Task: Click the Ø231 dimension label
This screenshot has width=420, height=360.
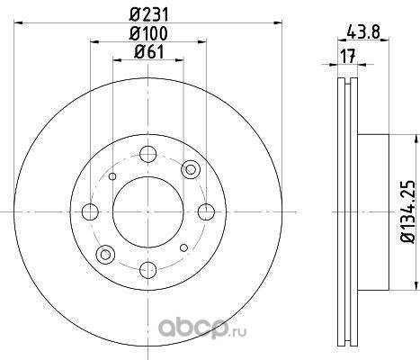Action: pyautogui.click(x=149, y=14)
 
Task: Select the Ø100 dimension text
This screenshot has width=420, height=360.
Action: pyautogui.click(x=147, y=33)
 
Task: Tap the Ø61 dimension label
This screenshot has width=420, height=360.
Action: pyautogui.click(x=149, y=52)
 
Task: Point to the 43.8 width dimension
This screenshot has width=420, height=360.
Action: pyautogui.click(x=363, y=31)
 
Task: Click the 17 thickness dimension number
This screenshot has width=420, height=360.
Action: pyautogui.click(x=348, y=56)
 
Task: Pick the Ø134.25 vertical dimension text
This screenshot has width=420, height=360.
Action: pyautogui.click(x=408, y=211)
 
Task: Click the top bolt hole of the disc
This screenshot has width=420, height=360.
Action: pyautogui.click(x=148, y=154)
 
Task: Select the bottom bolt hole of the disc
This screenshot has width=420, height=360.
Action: pyautogui.click(x=148, y=269)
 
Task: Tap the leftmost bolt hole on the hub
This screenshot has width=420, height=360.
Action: pyautogui.click(x=90, y=211)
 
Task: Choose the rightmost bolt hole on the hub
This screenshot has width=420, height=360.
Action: pyautogui.click(x=206, y=211)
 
